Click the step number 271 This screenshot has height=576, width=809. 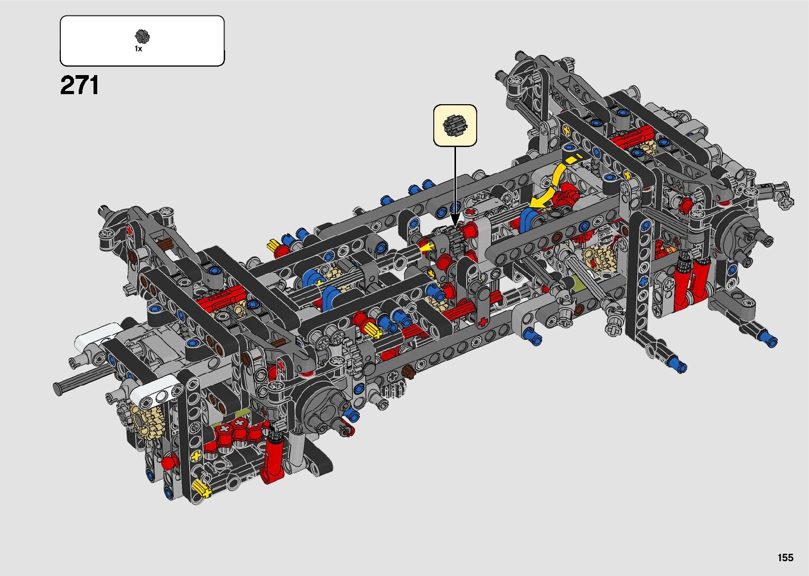[79, 85]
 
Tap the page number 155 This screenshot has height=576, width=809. [786, 557]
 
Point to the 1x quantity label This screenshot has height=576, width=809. [138, 49]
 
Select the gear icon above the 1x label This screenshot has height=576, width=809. [142, 36]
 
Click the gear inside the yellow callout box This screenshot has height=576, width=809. [455, 125]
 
